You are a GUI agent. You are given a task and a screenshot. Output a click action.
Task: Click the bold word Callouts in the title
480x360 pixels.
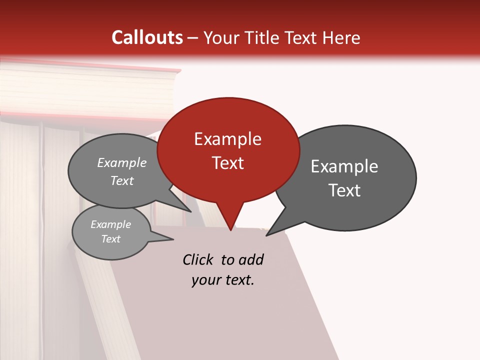(147, 37)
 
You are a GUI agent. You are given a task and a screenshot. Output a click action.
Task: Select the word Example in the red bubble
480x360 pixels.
(227, 139)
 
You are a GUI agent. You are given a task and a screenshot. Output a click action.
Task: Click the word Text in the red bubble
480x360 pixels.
(227, 163)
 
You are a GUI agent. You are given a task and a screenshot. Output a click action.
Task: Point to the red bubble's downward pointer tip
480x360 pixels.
(230, 230)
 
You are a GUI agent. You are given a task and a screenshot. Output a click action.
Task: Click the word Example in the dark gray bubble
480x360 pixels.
(344, 166)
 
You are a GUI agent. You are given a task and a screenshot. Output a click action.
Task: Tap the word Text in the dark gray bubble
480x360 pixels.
(344, 190)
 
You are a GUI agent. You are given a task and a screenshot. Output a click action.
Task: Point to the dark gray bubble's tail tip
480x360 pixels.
(266, 235)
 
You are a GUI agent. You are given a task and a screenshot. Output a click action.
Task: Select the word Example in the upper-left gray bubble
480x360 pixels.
(122, 163)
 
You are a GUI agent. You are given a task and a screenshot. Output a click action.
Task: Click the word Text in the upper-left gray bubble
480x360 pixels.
(122, 181)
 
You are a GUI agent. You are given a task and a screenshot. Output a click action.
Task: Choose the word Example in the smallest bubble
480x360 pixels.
(111, 224)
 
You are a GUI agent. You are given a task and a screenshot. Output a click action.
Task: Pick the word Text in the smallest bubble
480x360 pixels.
(111, 239)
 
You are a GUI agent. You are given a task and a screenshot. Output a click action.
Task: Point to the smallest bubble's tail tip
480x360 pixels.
(173, 239)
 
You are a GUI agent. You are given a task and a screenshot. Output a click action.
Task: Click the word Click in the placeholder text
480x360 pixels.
(198, 260)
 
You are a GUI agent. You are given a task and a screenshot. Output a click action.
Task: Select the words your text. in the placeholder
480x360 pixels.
(222, 280)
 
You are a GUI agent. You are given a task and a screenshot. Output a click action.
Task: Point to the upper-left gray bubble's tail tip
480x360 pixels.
(191, 211)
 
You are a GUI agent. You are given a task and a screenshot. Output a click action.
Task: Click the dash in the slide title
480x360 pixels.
(193, 38)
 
